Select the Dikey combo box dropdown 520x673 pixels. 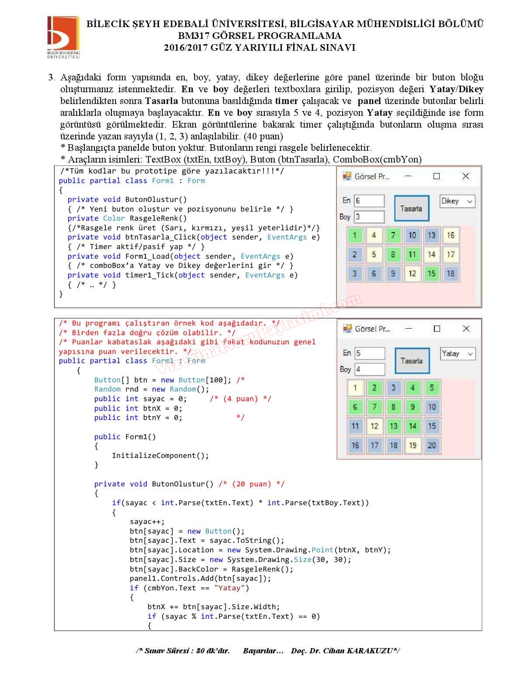pos(457,201)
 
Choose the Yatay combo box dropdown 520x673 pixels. pos(458,354)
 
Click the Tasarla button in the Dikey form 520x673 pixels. pos(411,208)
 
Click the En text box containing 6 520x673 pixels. pos(369,201)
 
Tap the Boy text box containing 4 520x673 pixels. pos(370,369)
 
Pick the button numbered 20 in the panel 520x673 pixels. pos(432,445)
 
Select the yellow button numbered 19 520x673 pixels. pos(413,445)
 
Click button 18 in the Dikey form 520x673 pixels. pos(451,274)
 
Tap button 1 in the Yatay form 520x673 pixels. pos(355,388)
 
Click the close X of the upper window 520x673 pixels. pos(466,176)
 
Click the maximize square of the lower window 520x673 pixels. pos(437,329)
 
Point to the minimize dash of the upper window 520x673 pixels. pos(408,176)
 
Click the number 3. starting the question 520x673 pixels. pos(52,78)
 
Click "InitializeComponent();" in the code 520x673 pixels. pos(160,455)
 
